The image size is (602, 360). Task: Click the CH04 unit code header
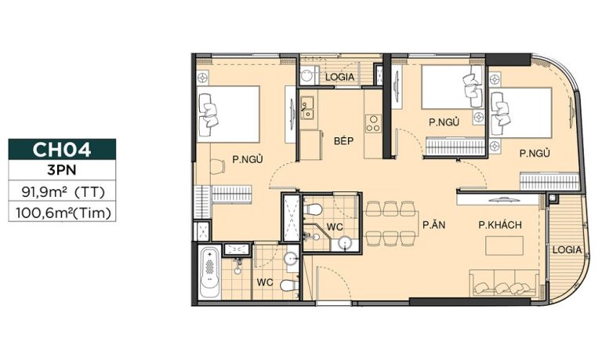(62, 150)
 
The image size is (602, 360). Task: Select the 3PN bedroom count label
(62, 170)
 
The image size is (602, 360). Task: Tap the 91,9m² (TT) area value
(63, 191)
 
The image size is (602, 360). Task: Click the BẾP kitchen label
(343, 140)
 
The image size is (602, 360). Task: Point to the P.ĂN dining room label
(433, 225)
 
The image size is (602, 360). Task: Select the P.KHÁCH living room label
(500, 225)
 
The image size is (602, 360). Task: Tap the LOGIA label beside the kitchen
(339, 77)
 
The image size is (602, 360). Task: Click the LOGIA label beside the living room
(567, 249)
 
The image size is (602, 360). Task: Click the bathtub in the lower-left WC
(209, 272)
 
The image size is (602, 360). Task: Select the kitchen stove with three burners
(373, 124)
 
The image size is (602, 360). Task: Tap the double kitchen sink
(306, 107)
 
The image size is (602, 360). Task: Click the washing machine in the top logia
(307, 75)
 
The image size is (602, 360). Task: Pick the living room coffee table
(504, 246)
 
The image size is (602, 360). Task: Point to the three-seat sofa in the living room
(504, 283)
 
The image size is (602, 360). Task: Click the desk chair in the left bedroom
(218, 167)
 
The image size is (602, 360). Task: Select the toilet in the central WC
(313, 209)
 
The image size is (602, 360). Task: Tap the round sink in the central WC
(345, 244)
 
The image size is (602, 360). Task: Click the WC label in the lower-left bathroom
(265, 283)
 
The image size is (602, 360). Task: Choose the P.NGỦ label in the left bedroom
(248, 159)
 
